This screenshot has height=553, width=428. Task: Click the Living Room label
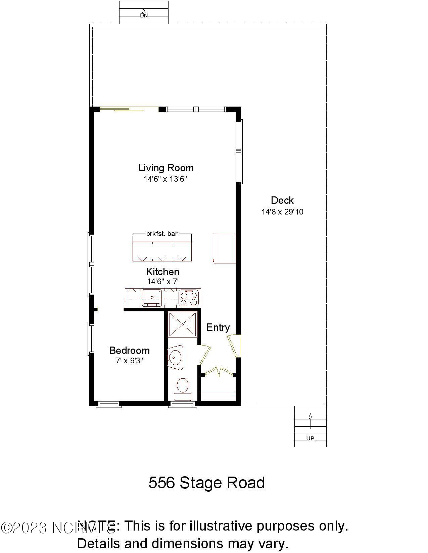pyautogui.click(x=166, y=168)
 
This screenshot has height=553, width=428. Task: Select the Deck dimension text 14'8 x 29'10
pyautogui.click(x=282, y=212)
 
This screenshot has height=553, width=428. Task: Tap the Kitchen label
pyautogui.click(x=162, y=271)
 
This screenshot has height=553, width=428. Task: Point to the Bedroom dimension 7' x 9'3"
pyautogui.click(x=130, y=361)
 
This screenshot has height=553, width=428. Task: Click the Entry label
pyautogui.click(x=218, y=327)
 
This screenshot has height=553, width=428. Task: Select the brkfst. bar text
pyautogui.click(x=162, y=234)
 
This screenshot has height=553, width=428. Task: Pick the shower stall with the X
pyautogui.click(x=182, y=324)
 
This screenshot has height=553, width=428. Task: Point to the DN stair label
pyautogui.click(x=144, y=15)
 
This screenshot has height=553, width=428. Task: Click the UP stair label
pyautogui.click(x=310, y=438)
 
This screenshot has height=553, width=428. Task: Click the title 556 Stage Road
pyautogui.click(x=206, y=483)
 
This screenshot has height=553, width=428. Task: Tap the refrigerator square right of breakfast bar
pyautogui.click(x=225, y=248)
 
